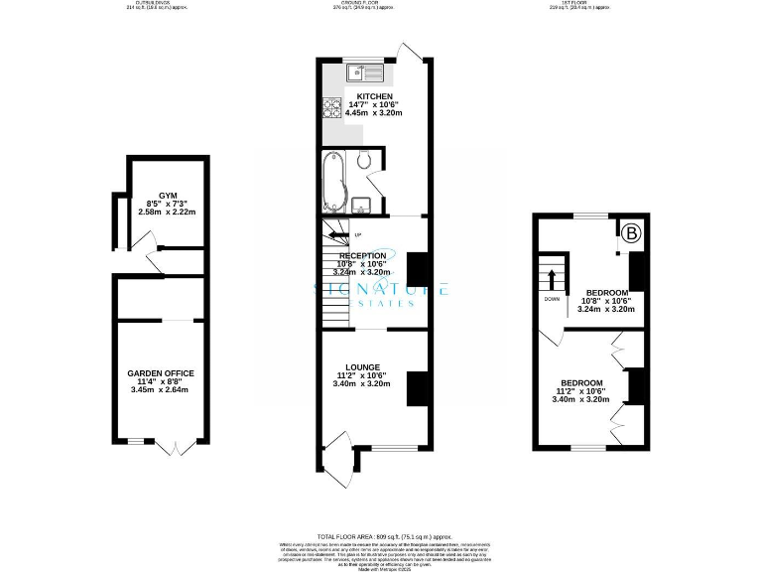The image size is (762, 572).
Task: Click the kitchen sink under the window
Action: pyautogui.click(x=365, y=71)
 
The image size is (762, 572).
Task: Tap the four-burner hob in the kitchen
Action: pyautogui.click(x=329, y=109)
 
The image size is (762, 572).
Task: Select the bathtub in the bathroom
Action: pyautogui.click(x=332, y=184)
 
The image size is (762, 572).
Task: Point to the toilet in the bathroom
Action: pyautogui.click(x=365, y=160)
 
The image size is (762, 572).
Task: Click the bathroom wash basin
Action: pyautogui.click(x=361, y=206)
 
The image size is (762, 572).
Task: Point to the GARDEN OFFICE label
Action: pyautogui.click(x=161, y=373)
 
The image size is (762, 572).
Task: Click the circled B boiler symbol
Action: pyautogui.click(x=631, y=234)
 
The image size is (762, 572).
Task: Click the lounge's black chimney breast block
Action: pyautogui.click(x=417, y=387)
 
